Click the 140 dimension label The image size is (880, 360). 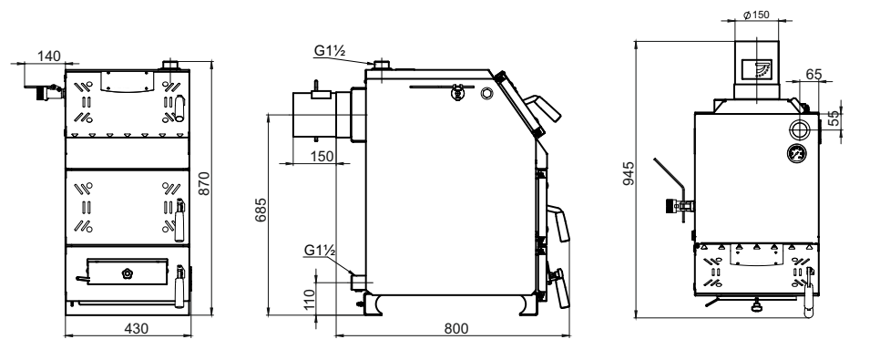(49, 56)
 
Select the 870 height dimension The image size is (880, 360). (204, 183)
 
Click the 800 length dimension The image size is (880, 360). (455, 328)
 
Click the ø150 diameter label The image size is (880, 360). (756, 15)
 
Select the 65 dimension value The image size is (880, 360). (813, 74)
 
